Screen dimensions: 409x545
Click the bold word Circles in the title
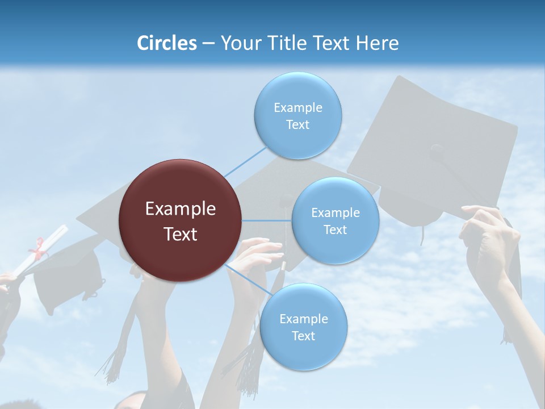(167, 43)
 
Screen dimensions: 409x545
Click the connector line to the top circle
(245, 162)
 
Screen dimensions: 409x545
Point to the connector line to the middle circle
(267, 220)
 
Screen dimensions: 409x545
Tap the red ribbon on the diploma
(39, 248)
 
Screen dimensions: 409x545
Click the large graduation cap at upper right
(437, 142)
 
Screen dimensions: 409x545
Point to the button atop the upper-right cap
(437, 151)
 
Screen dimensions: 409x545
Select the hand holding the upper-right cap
(489, 239)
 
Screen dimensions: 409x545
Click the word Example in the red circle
(181, 209)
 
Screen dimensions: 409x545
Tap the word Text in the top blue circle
(297, 125)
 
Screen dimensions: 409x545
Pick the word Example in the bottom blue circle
(303, 319)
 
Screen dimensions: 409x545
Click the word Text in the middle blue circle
(335, 229)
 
